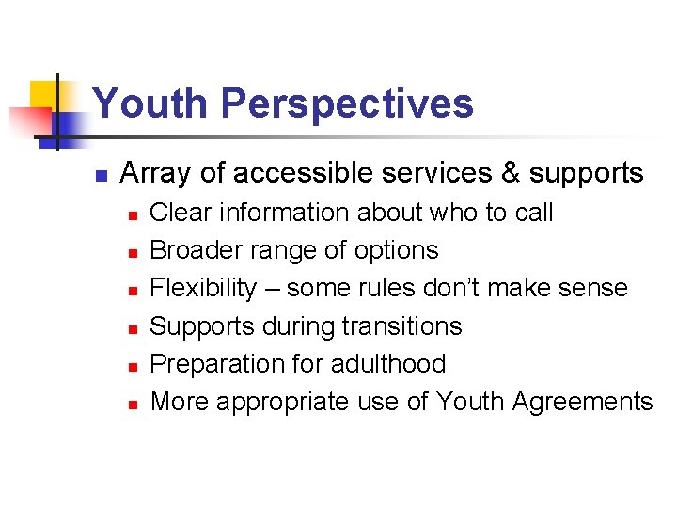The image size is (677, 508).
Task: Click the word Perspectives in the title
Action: pyautogui.click(x=347, y=104)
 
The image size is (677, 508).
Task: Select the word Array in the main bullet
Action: pyautogui.click(x=154, y=174)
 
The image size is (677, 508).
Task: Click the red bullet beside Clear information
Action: pyautogui.click(x=134, y=215)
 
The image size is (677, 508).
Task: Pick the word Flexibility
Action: pyautogui.click(x=202, y=288)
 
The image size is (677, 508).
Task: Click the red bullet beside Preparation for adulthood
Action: pyautogui.click(x=134, y=366)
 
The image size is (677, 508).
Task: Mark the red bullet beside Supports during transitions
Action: pyautogui.click(x=134, y=328)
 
